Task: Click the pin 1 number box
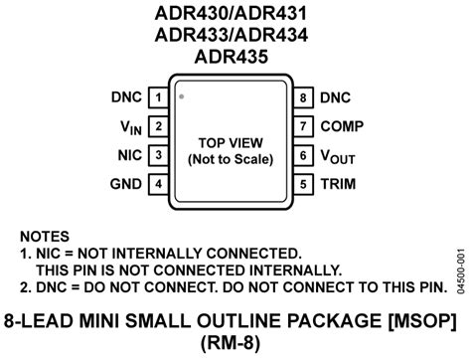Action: coord(158,97)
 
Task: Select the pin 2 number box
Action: coord(158,126)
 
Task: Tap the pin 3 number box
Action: coord(158,155)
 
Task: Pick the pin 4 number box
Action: coord(158,184)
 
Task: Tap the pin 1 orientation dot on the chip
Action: coord(182,97)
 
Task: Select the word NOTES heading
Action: coord(45,237)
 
